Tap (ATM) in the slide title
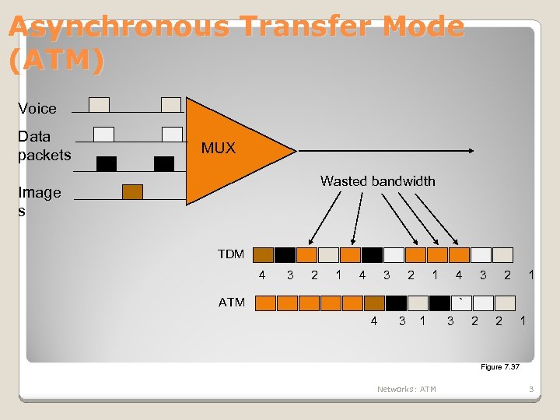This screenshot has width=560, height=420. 56,61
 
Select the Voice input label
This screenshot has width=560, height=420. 37,108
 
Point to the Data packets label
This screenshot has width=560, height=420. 44,145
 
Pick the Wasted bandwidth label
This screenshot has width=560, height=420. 377,181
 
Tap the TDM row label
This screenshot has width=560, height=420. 231,254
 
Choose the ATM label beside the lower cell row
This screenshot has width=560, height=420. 232,302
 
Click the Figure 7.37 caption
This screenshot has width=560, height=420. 499,366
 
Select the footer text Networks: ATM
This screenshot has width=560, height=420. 406,389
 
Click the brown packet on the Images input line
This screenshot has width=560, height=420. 133,192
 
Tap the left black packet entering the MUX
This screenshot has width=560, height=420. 107,163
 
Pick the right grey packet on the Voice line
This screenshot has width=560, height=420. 171,104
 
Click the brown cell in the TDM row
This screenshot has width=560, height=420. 264,254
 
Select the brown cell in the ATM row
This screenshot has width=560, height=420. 374,303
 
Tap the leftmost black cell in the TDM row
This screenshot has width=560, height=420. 285,254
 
